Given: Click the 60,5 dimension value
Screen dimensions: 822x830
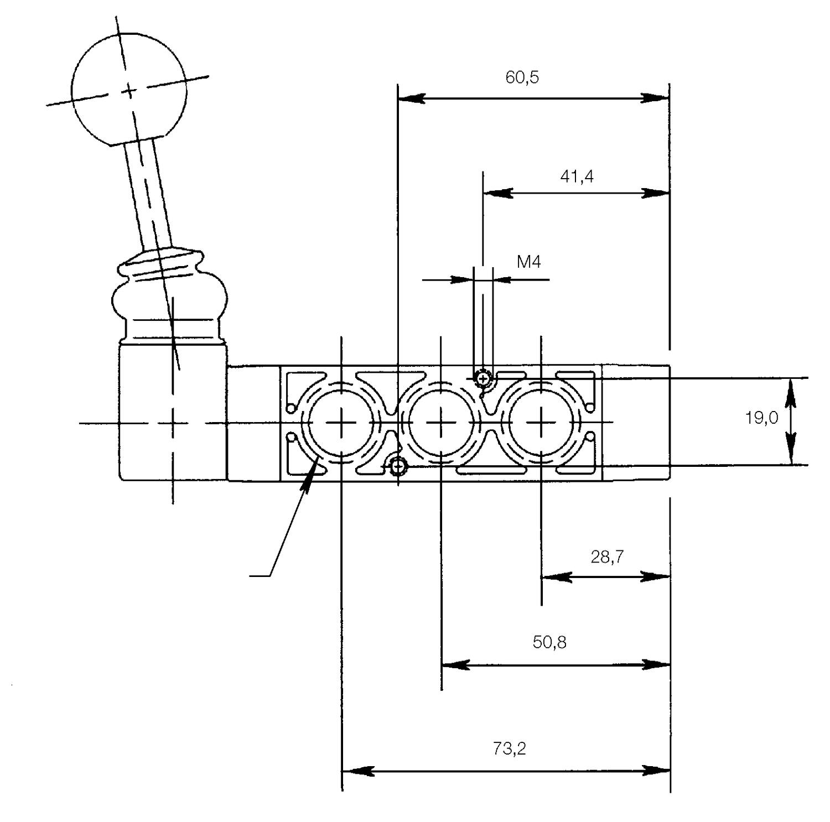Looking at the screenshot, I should (x=522, y=77).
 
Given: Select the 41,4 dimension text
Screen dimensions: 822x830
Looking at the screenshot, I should (x=577, y=176).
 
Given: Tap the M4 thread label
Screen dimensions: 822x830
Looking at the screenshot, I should (x=528, y=262).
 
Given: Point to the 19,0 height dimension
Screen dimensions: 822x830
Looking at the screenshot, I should (x=761, y=418).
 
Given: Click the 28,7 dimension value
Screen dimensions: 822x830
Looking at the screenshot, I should (x=607, y=556).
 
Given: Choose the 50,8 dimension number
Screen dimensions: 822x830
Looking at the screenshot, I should (x=549, y=642).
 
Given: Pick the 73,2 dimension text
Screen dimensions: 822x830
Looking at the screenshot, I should (x=509, y=749).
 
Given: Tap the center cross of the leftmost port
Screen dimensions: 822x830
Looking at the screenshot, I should (x=342, y=423).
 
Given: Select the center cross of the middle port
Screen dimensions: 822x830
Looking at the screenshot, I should (x=441, y=423).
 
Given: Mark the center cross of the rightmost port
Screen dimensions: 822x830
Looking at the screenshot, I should (x=541, y=423).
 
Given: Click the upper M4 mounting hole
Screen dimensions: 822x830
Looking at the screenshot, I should (x=484, y=379).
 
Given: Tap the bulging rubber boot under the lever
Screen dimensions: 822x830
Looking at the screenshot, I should (x=169, y=299).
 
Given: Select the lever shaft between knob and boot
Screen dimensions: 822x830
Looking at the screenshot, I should (x=149, y=194).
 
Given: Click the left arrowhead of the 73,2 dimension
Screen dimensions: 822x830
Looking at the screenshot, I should (x=354, y=771).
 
